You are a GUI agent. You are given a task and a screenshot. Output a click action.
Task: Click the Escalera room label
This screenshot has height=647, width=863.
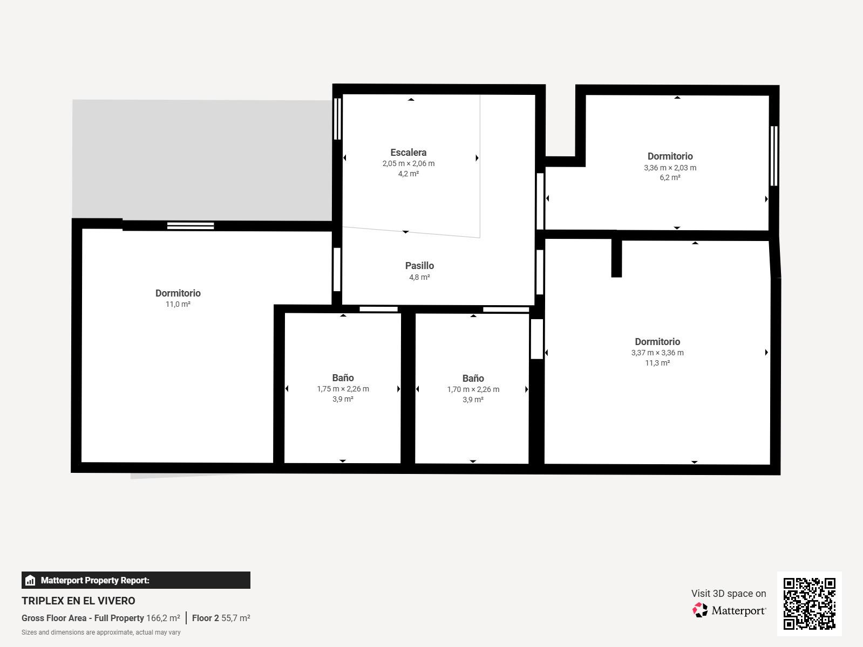[x=408, y=153]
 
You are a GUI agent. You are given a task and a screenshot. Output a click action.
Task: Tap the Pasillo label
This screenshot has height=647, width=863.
[x=419, y=266]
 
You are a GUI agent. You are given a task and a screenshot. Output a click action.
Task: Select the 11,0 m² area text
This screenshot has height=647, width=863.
[x=178, y=304]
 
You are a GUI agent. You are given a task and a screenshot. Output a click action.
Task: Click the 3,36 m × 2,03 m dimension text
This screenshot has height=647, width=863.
[x=670, y=168]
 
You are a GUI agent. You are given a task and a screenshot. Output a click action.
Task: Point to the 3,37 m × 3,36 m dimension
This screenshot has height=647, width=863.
[x=657, y=353]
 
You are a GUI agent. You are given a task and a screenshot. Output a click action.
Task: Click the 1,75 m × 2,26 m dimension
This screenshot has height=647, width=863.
[x=343, y=389]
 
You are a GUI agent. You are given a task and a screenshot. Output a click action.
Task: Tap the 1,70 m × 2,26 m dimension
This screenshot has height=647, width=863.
[x=473, y=389]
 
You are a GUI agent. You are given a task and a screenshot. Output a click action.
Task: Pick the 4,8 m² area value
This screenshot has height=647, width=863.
[x=419, y=277]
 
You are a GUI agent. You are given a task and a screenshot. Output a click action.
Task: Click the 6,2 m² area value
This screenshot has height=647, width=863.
[x=670, y=177]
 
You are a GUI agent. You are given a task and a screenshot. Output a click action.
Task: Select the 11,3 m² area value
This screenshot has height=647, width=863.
[x=657, y=363]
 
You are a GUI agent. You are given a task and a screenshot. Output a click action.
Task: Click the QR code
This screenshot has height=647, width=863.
[x=809, y=604]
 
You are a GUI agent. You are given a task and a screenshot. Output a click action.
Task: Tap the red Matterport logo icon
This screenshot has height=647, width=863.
[x=700, y=610]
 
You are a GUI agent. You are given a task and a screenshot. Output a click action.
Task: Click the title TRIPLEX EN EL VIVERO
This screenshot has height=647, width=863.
[x=78, y=601]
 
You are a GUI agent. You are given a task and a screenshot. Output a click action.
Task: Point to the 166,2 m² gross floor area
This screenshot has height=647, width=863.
[x=163, y=618]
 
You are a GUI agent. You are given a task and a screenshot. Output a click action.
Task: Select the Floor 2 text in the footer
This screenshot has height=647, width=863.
[x=205, y=618]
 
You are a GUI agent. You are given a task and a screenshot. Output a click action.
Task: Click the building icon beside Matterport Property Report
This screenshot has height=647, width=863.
[x=30, y=580]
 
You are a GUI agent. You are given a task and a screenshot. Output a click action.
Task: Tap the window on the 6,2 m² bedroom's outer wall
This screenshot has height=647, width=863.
[x=774, y=156]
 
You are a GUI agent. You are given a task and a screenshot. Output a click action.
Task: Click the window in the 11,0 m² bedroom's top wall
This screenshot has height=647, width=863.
[x=191, y=226]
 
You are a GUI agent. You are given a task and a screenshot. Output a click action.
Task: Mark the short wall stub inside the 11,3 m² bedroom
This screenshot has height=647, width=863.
[x=616, y=258]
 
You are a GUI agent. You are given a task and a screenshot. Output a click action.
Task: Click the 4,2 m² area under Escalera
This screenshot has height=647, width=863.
[x=408, y=174]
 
